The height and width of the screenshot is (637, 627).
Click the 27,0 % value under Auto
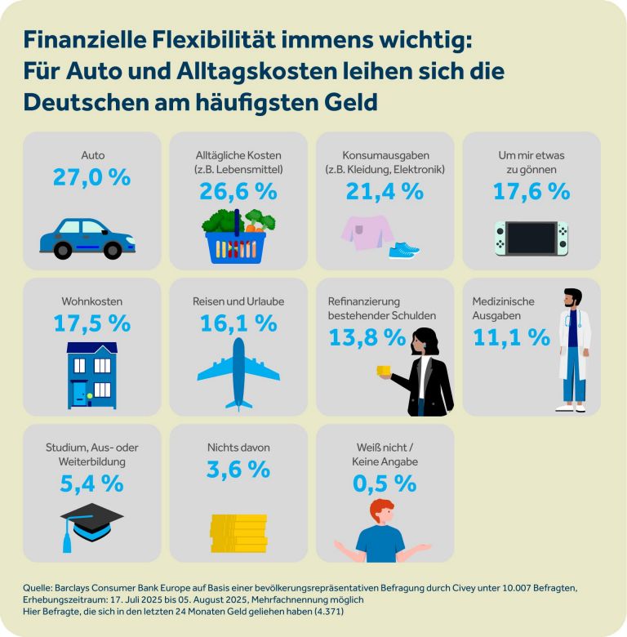coord(92,179)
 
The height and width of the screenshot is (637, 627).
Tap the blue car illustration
coord(87,238)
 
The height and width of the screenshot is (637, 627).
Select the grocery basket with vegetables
coord(238,236)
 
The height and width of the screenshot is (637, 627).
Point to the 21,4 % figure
coord(385,192)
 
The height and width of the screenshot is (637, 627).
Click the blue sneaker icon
coord(403,249)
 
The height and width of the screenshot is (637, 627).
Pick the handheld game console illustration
coord(531,236)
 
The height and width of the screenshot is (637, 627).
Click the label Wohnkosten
coord(92,301)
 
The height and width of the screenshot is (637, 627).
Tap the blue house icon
coord(91,375)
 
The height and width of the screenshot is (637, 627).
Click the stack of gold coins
coord(238,532)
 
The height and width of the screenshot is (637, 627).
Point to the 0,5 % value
coord(385,483)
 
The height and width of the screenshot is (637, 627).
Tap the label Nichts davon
coord(238,448)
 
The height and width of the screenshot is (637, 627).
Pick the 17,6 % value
coord(531,192)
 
